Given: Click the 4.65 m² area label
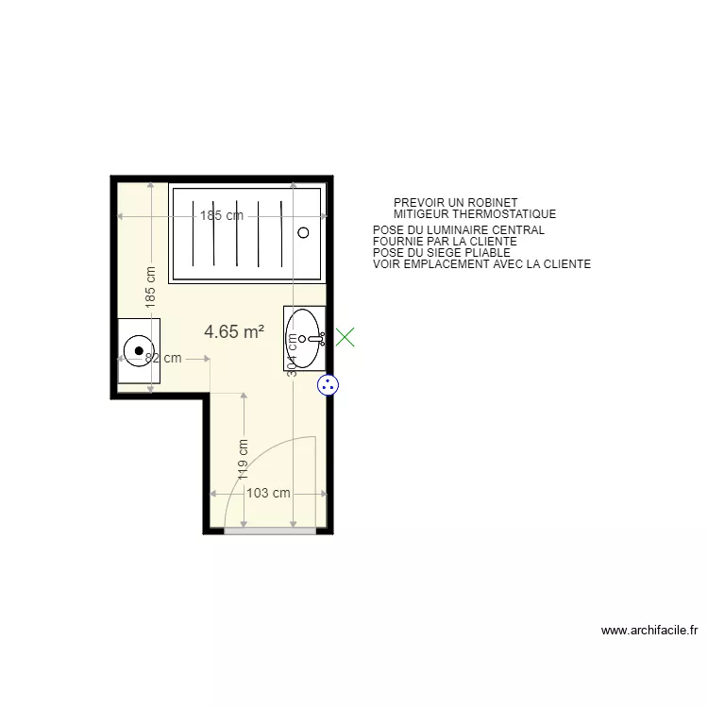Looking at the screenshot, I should tap(233, 331).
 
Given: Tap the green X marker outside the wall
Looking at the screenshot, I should tap(346, 336).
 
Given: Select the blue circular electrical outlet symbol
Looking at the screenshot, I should tap(328, 384).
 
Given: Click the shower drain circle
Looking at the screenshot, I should tap(303, 232).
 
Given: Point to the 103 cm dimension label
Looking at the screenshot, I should tap(268, 493).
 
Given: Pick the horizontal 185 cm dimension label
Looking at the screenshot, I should tap(221, 215).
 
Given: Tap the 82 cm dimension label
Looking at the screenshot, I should tap(162, 358).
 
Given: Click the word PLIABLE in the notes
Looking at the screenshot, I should tap(486, 253).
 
